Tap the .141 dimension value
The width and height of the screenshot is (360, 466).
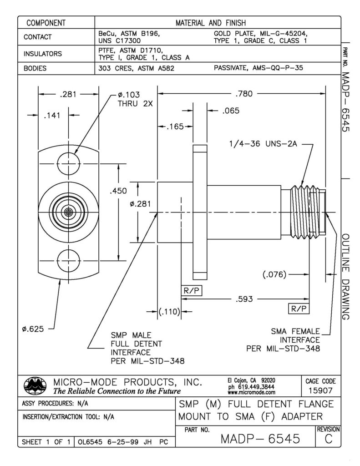click(x=52, y=116)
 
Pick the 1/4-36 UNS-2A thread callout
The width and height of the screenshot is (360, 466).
click(x=259, y=145)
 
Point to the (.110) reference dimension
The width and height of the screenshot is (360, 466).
click(x=170, y=312)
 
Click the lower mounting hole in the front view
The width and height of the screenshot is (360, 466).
click(x=68, y=260)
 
